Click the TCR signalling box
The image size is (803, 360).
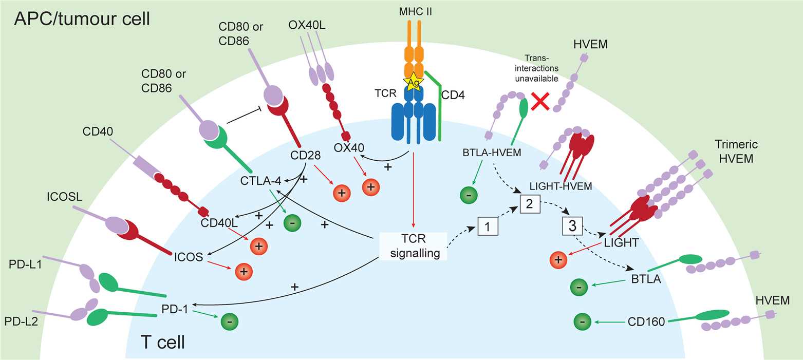click(x=413, y=245)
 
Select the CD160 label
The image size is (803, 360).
click(x=645, y=322)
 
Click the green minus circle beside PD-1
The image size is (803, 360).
click(x=229, y=321)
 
